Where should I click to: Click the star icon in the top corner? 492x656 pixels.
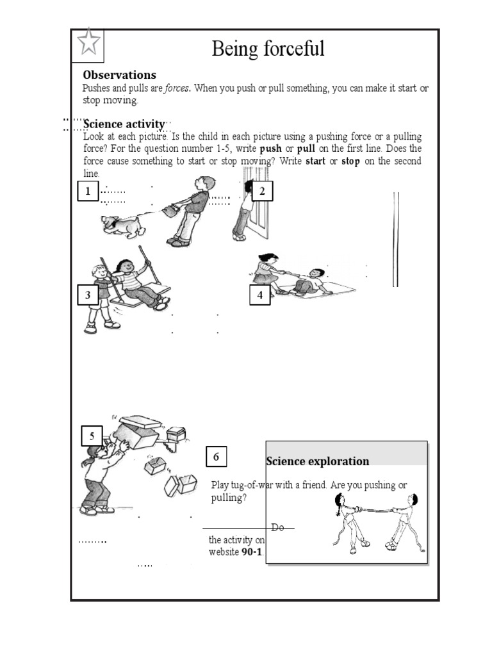click(89, 43)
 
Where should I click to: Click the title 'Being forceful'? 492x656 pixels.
click(268, 48)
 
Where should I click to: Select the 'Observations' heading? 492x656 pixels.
click(119, 75)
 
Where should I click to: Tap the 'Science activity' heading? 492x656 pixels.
click(124, 124)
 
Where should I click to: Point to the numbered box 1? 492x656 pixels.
click(88, 191)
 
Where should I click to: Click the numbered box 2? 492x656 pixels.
click(262, 191)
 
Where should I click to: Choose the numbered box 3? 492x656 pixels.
click(88, 295)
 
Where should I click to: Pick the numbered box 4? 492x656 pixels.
click(259, 295)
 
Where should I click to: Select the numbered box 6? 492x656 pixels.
click(216, 457)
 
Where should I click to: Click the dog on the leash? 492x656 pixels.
click(123, 224)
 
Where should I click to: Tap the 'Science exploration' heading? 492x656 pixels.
click(318, 461)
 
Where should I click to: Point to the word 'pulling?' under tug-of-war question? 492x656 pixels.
click(229, 498)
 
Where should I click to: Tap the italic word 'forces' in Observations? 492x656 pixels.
click(176, 88)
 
